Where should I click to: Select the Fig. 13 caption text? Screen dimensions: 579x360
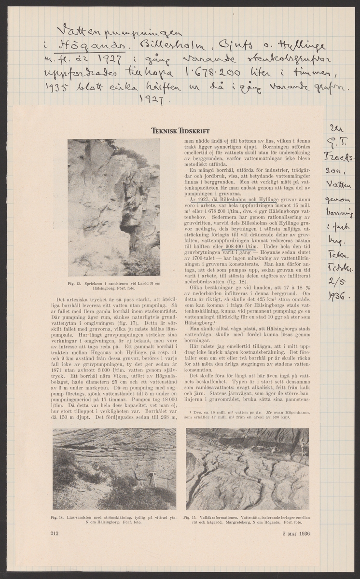point(113,283)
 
